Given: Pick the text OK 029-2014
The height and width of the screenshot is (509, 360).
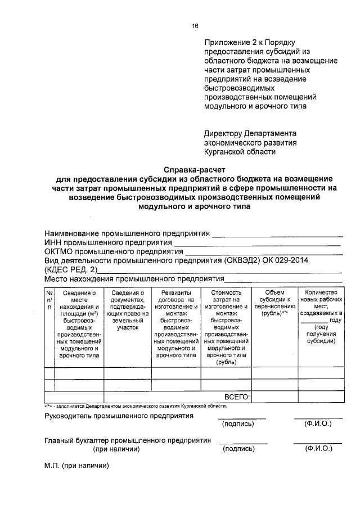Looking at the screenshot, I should point(286,262).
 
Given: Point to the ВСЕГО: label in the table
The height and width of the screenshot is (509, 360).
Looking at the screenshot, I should point(237,397).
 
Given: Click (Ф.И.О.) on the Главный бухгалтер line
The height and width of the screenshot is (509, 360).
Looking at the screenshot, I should point(318,449).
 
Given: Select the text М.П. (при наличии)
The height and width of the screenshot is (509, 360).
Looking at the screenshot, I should point(76,466).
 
